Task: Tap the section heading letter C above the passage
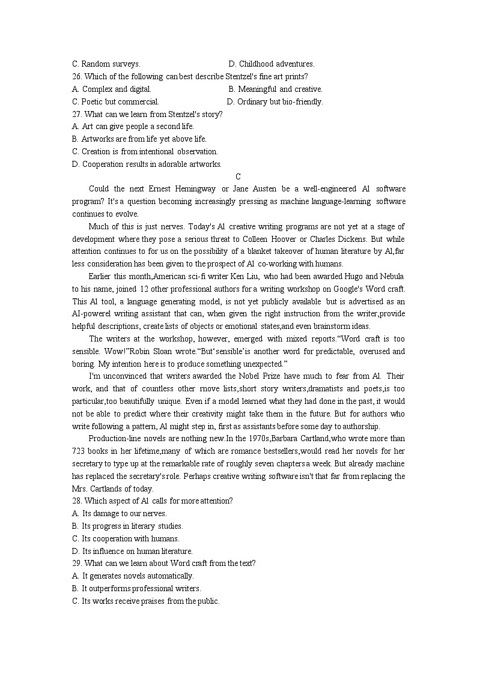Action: (239, 176)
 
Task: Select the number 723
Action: (79, 451)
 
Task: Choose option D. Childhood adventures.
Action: (272, 64)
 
